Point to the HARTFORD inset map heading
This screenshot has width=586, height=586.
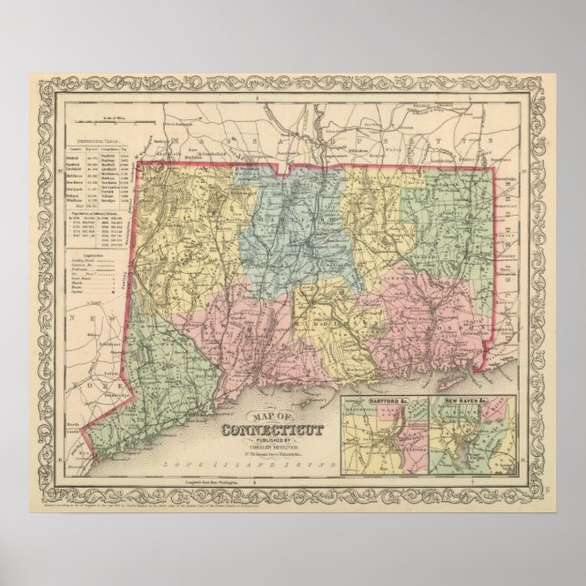click(374, 401)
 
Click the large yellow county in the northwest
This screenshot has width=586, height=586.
click(191, 218)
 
